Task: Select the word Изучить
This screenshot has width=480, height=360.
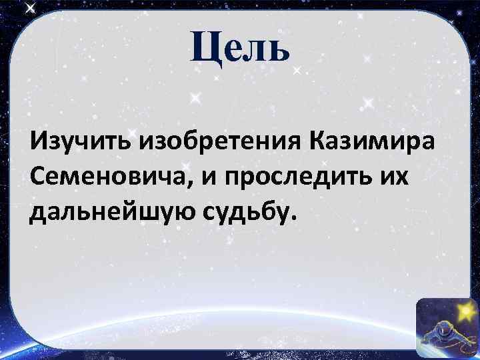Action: [82, 141]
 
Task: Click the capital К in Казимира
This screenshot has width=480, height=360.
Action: [319, 141]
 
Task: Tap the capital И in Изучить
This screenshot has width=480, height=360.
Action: [39, 141]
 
